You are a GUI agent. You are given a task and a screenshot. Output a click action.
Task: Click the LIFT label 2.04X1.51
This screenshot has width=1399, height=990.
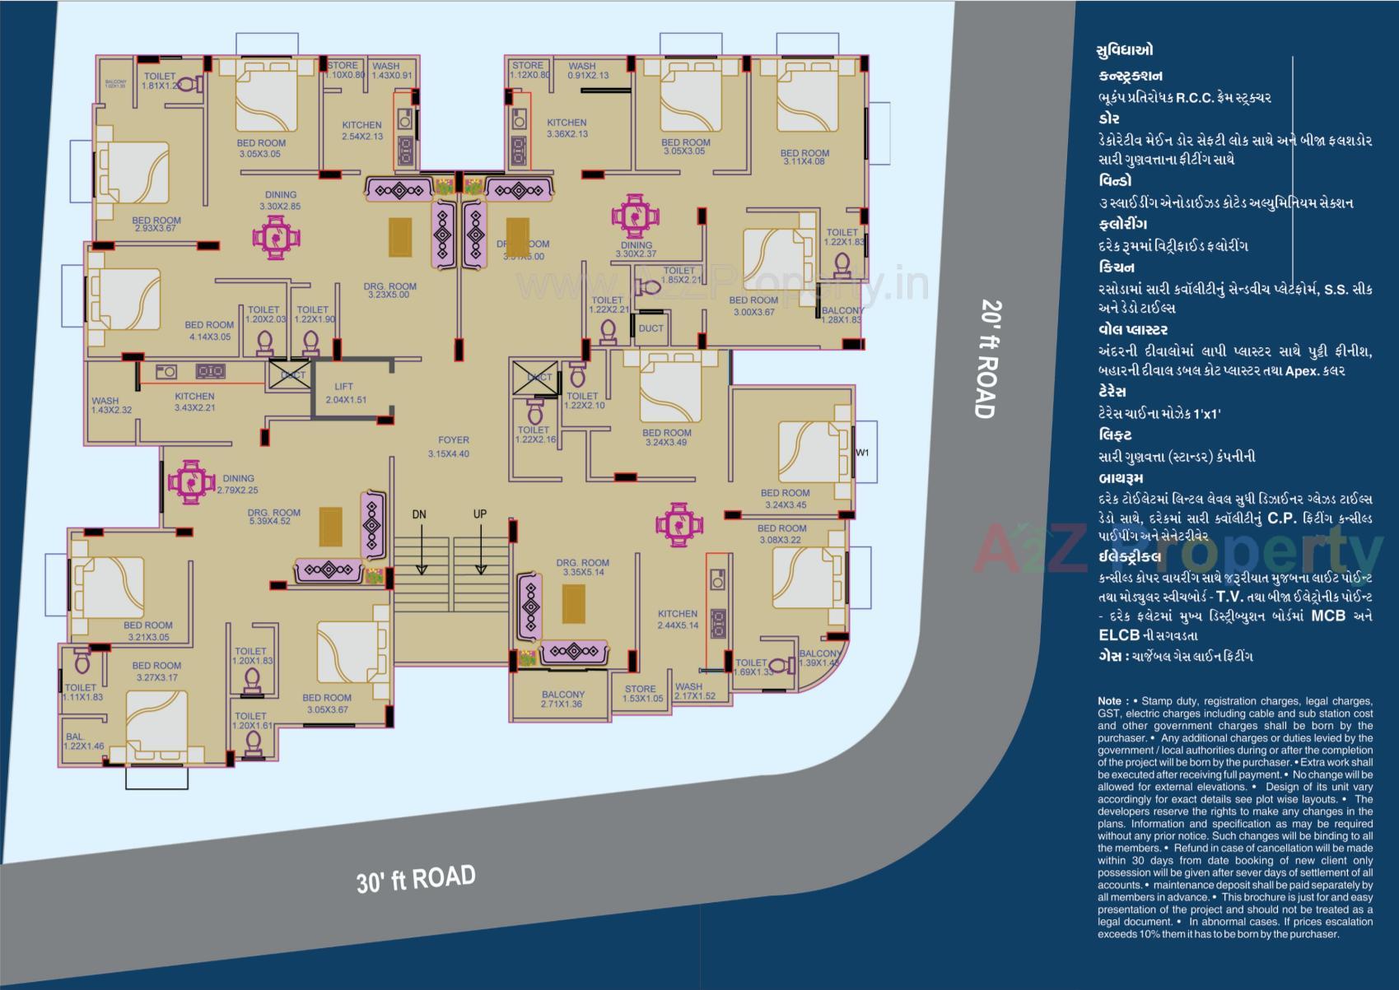[345, 393]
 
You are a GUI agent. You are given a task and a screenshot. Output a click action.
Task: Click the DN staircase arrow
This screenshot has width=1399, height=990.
[421, 543]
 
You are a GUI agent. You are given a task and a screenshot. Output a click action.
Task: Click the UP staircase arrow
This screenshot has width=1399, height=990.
[480, 543]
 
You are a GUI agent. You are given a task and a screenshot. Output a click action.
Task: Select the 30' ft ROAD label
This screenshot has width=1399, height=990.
[416, 878]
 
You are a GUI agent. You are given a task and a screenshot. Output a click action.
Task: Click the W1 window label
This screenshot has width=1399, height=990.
[862, 453]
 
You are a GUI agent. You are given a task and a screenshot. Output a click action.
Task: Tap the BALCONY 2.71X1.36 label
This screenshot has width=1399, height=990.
[562, 700]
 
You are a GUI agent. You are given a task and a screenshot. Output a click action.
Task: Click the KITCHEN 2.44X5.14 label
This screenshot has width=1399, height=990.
[678, 619]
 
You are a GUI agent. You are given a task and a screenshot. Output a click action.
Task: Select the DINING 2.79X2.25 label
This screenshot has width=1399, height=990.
[238, 484]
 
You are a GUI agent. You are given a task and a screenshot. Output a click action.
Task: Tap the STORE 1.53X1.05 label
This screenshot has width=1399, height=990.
[640, 694]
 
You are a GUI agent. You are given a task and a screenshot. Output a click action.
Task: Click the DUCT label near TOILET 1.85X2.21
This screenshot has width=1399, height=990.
[651, 328]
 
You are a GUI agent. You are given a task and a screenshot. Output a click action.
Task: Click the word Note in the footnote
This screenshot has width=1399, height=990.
[1108, 701]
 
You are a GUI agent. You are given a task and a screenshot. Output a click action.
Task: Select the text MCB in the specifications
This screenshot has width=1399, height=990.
[1328, 616]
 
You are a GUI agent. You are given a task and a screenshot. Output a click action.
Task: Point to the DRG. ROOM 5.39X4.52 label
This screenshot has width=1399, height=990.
[274, 516]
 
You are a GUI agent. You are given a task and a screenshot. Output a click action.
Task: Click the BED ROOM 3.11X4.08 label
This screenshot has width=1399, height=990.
[804, 157]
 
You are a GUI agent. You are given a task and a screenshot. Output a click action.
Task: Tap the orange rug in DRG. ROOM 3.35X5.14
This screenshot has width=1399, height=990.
[574, 604]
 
